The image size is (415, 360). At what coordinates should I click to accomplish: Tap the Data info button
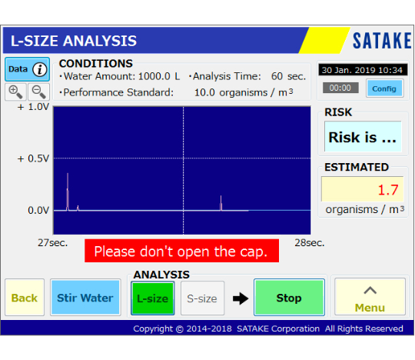point(27,69)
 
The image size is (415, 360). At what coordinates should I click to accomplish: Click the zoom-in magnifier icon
point(15,92)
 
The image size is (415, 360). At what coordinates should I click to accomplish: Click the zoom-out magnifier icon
point(39,92)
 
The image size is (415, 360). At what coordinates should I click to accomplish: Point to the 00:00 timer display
point(340,88)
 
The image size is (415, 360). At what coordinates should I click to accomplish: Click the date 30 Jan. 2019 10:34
point(363,70)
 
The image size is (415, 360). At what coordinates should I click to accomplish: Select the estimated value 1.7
point(388,190)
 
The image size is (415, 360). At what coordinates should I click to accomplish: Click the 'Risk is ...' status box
point(363,137)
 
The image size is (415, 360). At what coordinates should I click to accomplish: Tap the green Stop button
point(289,297)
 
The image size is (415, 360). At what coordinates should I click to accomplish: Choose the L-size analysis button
point(153,298)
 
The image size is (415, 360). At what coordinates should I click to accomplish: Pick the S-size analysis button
point(202,298)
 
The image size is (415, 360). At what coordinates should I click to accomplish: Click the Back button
point(25,297)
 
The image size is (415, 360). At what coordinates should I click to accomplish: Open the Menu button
point(370,297)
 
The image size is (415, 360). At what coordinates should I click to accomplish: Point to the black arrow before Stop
point(241,298)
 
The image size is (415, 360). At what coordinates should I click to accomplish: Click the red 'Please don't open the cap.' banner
point(181,251)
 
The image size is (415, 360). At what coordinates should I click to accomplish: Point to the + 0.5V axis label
point(33,158)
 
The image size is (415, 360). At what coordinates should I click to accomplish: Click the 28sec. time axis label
point(310,242)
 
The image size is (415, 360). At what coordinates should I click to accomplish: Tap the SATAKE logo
point(382,41)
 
